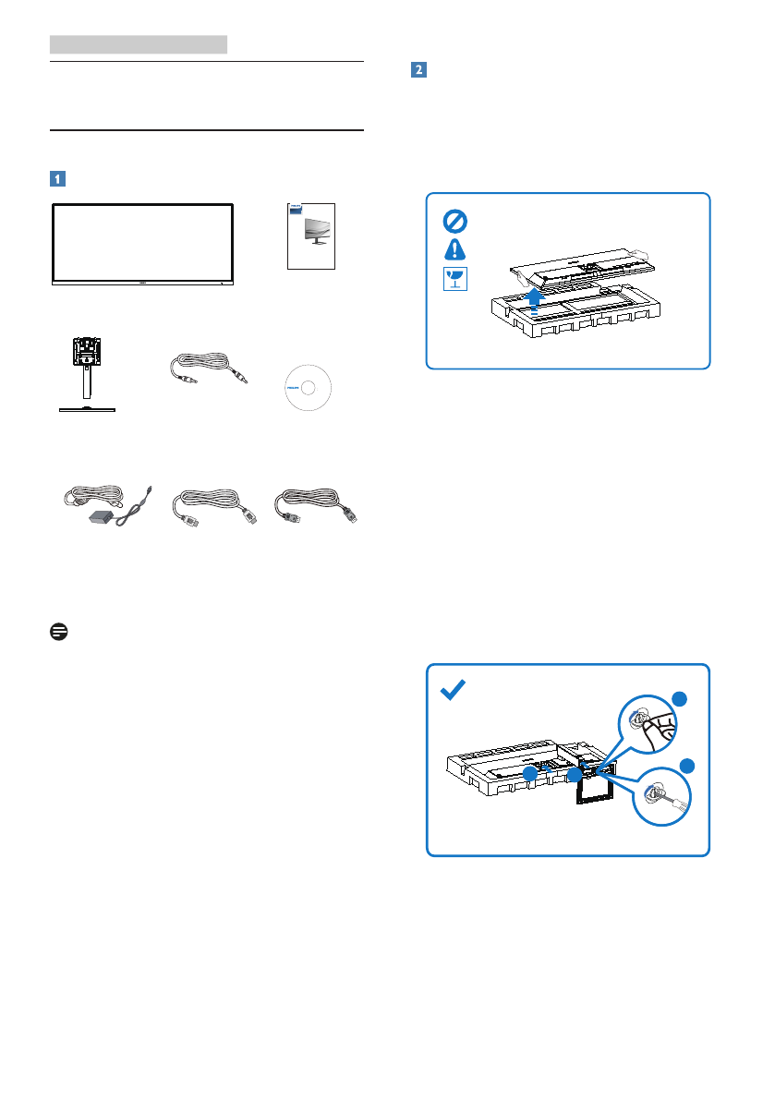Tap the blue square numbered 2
pyautogui.click(x=418, y=70)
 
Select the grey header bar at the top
pyautogui.click(x=139, y=43)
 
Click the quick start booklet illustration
pyautogui.click(x=311, y=236)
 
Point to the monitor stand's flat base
pyautogui.click(x=89, y=407)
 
